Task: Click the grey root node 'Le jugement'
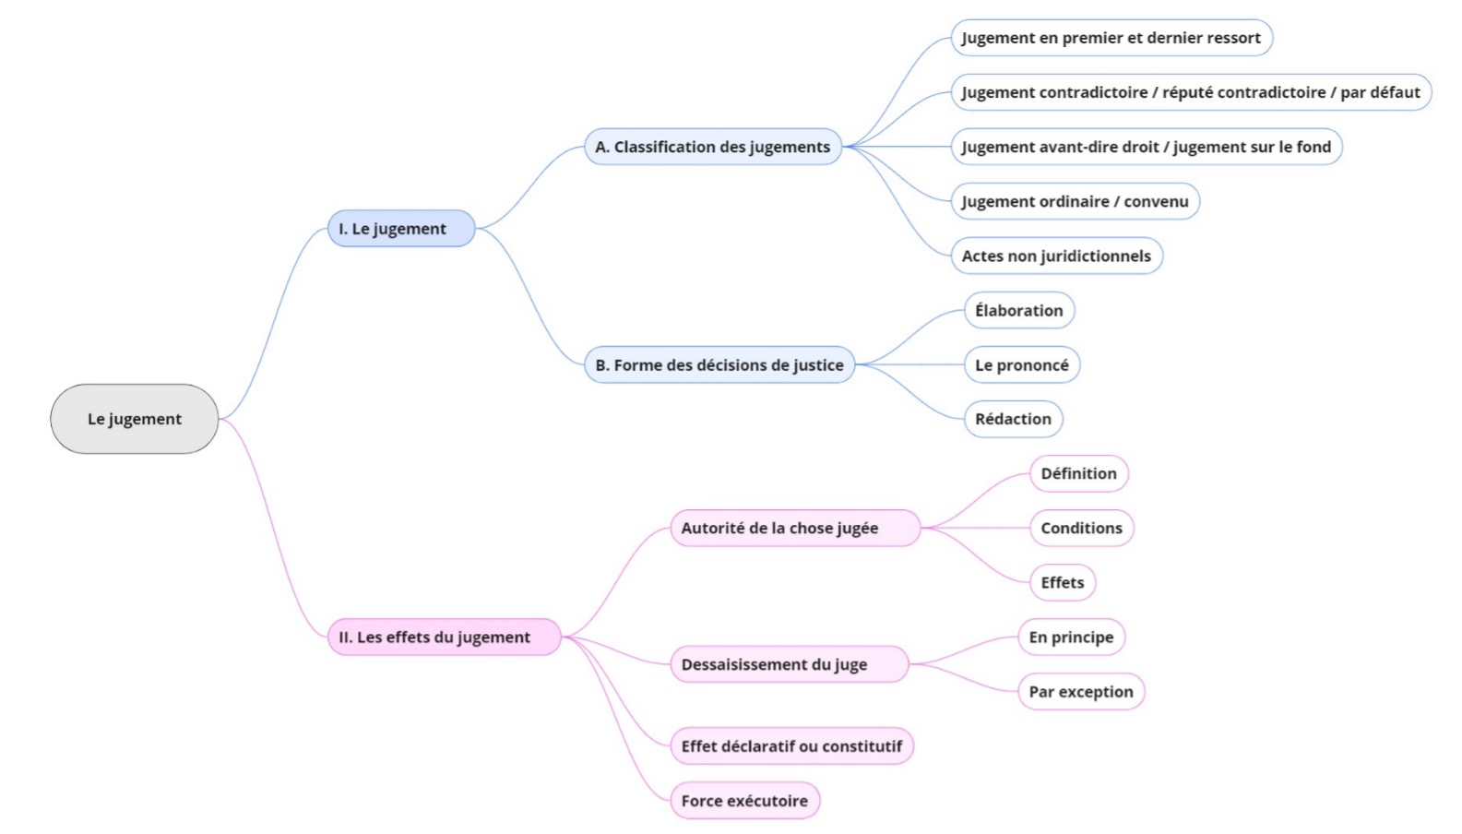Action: pos(134,419)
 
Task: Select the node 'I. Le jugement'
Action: pos(400,229)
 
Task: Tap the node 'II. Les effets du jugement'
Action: pos(444,637)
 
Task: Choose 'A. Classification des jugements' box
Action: pos(712,147)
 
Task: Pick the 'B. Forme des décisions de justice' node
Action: pos(719,365)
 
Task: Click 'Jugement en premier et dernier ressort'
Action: pos(1111,38)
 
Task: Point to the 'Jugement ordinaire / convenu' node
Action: pos(1075,201)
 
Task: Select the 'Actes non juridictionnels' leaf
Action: pos(1056,256)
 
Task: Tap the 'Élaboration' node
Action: pos(1018,311)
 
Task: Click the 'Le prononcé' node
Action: pos(1021,365)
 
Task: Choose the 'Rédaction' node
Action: pos(1013,419)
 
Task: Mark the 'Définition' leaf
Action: pos(1078,473)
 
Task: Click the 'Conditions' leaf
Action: pos(1081,528)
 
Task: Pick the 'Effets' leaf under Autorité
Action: pos(1062,582)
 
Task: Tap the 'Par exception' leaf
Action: pos(1080,691)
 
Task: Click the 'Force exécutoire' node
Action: pos(744,801)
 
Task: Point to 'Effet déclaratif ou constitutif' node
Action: pos(791,745)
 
